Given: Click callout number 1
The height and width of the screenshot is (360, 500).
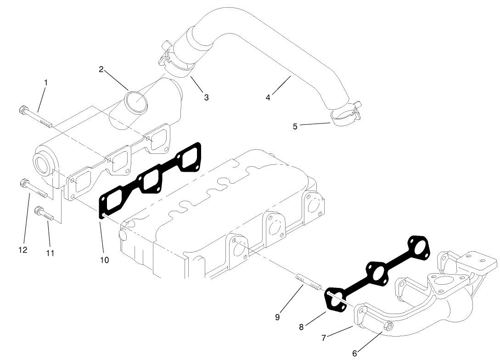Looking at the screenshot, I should pyautogui.click(x=46, y=82).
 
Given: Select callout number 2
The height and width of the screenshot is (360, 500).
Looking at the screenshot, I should pyautogui.click(x=101, y=70).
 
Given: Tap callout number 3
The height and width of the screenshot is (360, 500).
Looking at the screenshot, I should pyautogui.click(x=207, y=97).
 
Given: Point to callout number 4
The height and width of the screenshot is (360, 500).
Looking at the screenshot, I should pyautogui.click(x=268, y=97).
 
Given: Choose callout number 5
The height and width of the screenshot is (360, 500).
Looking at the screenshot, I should pyautogui.click(x=295, y=126).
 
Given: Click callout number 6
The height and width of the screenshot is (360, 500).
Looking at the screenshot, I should pyautogui.click(x=354, y=353).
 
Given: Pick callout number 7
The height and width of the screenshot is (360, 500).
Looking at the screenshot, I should pyautogui.click(x=324, y=338).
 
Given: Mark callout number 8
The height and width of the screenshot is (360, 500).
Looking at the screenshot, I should pyautogui.click(x=301, y=327).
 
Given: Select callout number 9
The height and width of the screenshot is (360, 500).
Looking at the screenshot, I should pyautogui.click(x=277, y=317).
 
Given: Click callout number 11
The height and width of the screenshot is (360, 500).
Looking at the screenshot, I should pyautogui.click(x=50, y=253).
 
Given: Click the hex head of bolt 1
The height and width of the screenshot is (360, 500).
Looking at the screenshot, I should pyautogui.click(x=22, y=110).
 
